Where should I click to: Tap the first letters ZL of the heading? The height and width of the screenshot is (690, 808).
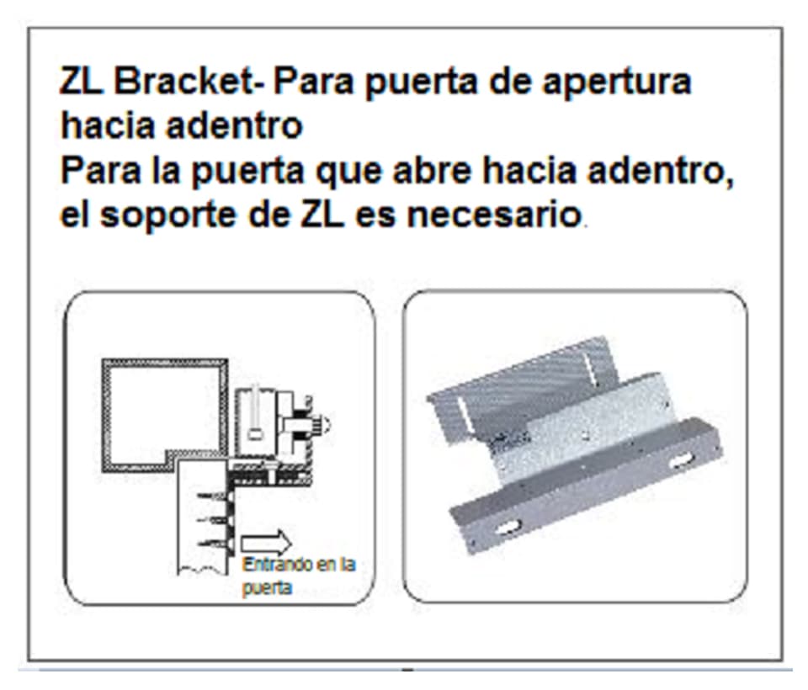[82, 82]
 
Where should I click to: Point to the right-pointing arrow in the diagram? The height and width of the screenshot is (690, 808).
[266, 541]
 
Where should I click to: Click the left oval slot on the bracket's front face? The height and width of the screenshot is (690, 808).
[509, 528]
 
